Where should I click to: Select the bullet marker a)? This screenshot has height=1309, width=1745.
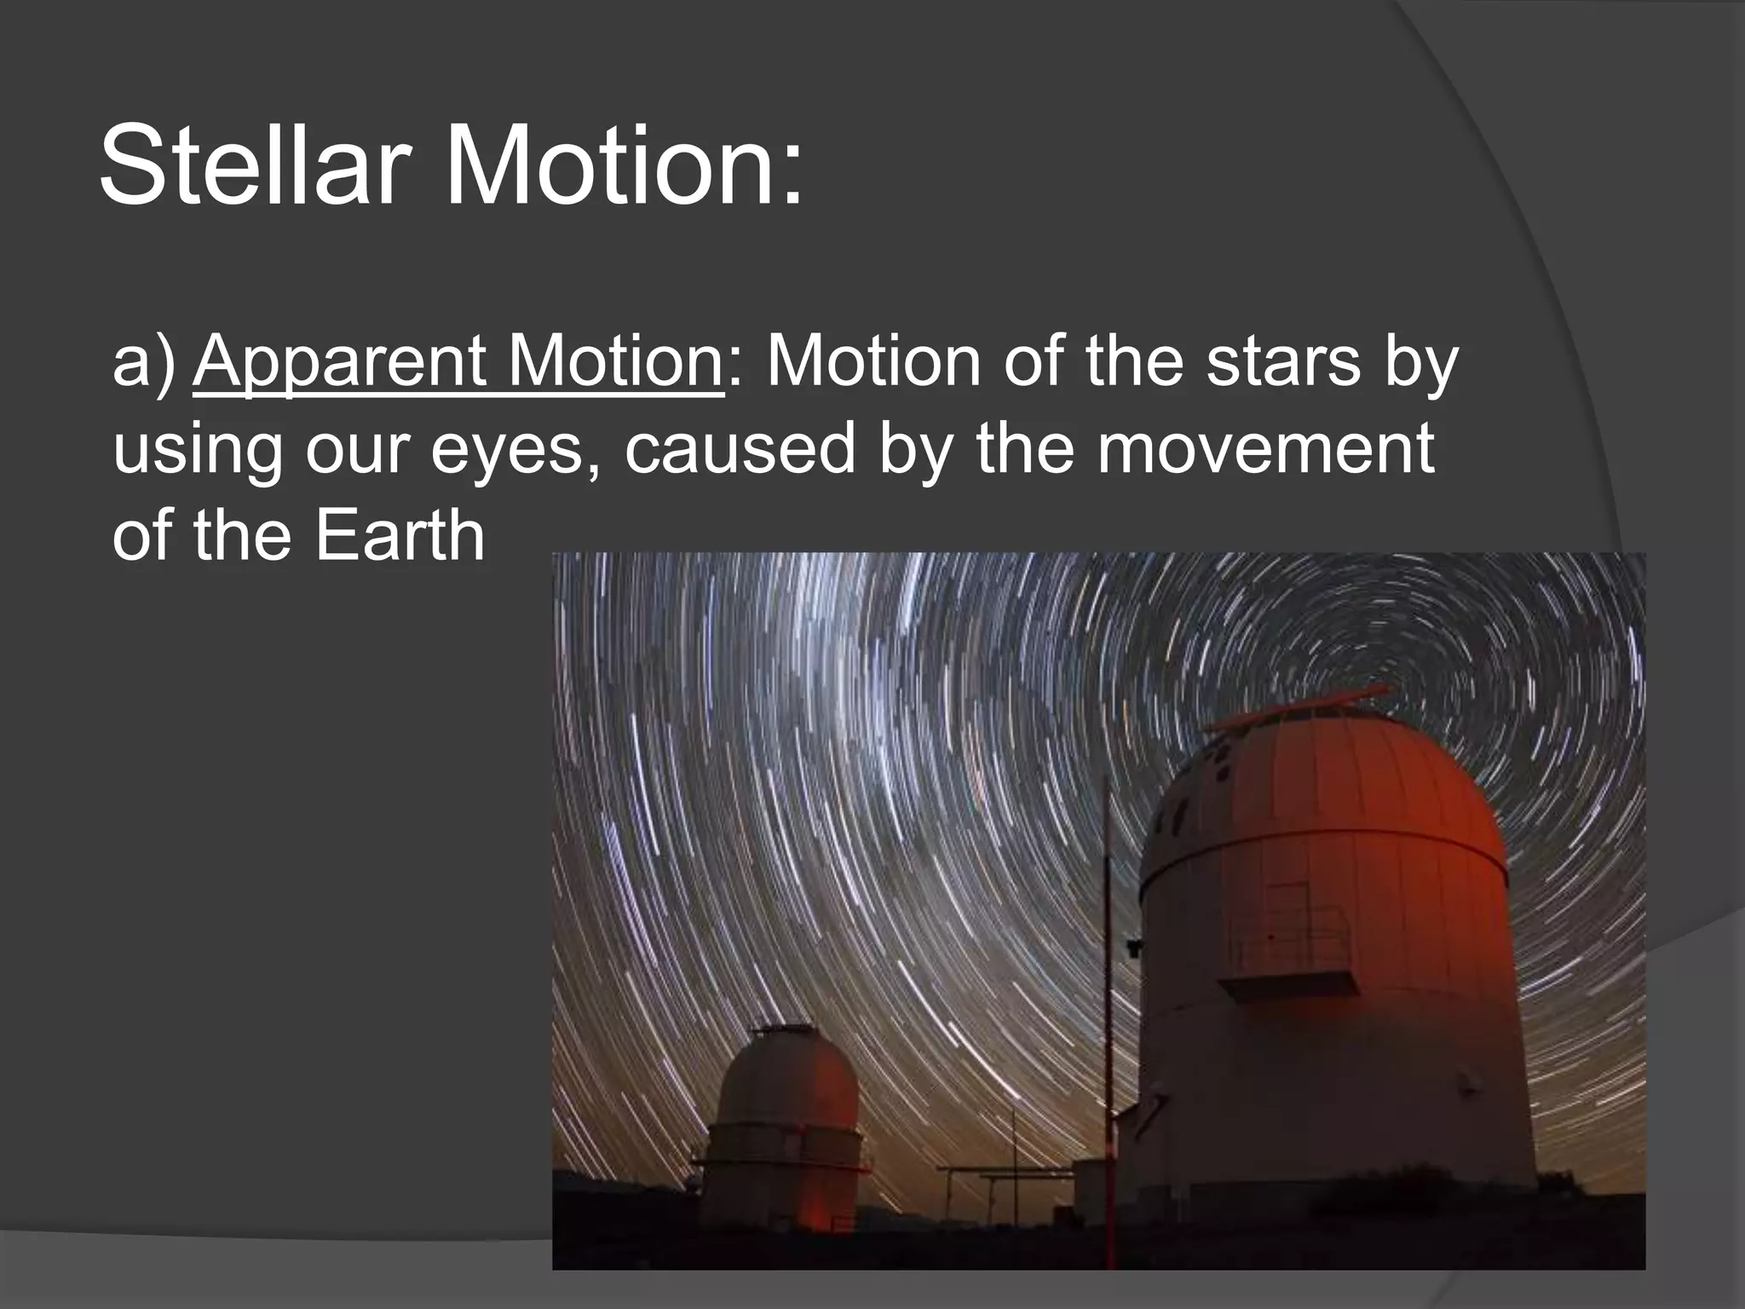tap(143, 362)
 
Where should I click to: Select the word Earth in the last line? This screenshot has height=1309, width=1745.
tap(400, 537)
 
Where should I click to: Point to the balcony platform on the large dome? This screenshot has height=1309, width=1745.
tap(1287, 984)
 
